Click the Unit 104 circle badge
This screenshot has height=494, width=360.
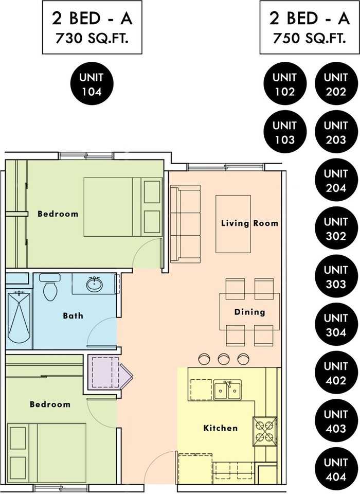92,84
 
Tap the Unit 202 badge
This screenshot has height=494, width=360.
336,84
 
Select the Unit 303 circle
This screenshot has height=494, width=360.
336,276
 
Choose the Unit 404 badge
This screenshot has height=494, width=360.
336,469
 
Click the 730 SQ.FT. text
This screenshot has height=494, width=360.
92,39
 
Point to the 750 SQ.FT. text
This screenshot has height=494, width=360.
309,39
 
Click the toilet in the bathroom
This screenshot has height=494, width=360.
50,287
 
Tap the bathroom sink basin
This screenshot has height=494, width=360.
94,284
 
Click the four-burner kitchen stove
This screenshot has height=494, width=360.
264,431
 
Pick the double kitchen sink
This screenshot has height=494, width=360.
227,390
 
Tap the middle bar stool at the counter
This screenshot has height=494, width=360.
224,359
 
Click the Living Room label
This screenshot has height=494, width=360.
250,223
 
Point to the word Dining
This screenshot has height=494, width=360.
249,312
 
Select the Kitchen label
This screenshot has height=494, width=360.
221,428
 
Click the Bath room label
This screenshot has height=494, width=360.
73,315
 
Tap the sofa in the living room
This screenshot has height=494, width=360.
185,224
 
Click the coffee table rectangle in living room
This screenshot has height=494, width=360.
233,224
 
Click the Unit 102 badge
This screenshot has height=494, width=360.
285,84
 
